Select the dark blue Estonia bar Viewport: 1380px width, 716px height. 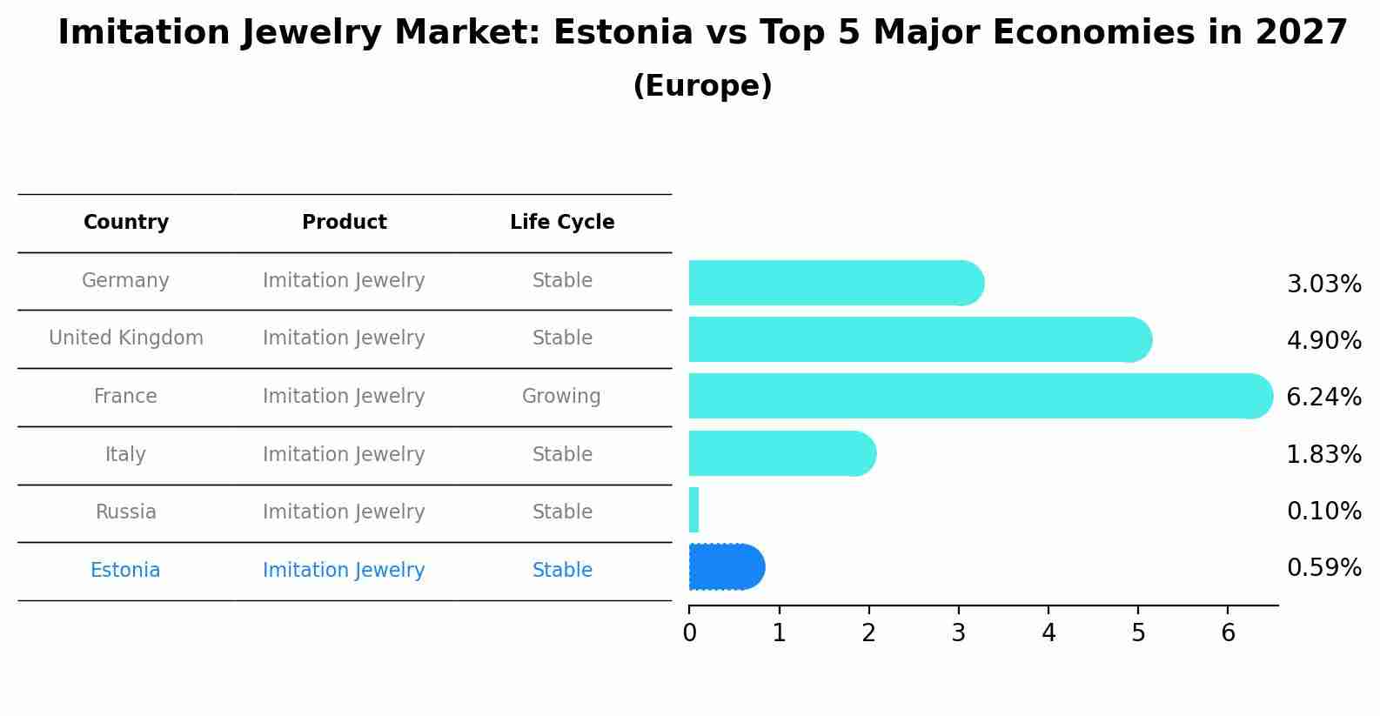(x=726, y=567)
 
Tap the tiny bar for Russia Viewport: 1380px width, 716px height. (x=693, y=510)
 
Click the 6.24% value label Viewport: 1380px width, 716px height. (x=1323, y=398)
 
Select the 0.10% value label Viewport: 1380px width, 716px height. (x=1323, y=512)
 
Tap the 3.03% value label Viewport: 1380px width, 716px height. (x=1323, y=284)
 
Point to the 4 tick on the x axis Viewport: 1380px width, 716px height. (x=1048, y=633)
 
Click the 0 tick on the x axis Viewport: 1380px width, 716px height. (x=689, y=633)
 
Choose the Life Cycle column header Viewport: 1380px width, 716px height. (x=562, y=223)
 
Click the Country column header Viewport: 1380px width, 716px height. (x=126, y=223)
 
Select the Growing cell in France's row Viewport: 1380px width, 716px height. (x=561, y=397)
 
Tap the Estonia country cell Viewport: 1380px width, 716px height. (x=125, y=571)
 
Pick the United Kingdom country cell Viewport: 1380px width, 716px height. (x=126, y=338)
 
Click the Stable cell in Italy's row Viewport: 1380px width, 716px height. (x=562, y=455)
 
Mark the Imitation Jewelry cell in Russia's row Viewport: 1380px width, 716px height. (x=344, y=512)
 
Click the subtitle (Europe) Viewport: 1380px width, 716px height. (x=702, y=86)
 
